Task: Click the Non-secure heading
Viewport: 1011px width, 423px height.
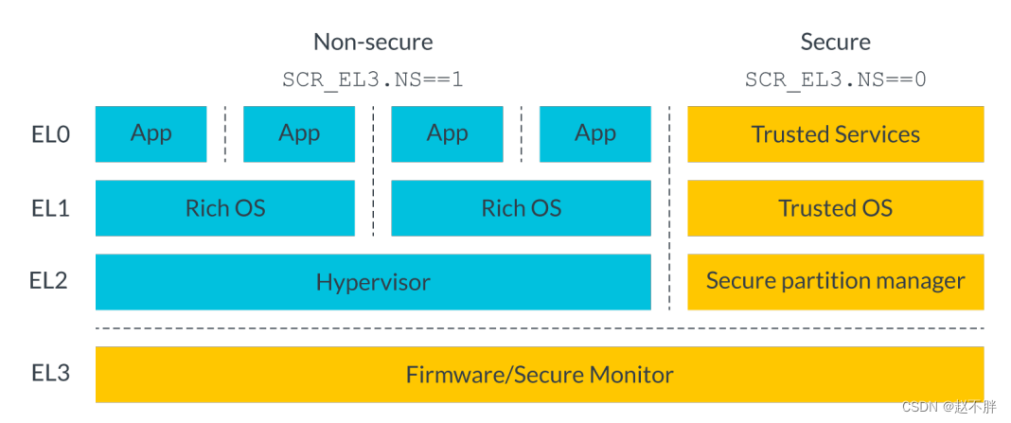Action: tap(373, 42)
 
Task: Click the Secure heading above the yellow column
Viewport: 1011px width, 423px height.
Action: tap(835, 42)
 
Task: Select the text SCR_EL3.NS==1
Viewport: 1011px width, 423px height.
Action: tap(373, 79)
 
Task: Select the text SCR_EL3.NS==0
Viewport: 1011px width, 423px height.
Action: tap(835, 79)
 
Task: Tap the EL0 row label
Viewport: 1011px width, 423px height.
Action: tap(50, 134)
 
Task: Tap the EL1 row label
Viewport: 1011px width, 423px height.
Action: tap(50, 208)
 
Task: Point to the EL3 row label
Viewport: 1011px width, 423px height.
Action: tap(50, 374)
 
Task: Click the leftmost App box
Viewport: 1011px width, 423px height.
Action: tap(151, 133)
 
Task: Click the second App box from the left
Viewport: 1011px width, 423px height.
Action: tap(299, 133)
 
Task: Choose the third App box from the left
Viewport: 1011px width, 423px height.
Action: tap(447, 133)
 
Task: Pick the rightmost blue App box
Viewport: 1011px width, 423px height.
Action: tap(595, 133)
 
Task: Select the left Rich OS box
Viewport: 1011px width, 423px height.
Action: tap(225, 208)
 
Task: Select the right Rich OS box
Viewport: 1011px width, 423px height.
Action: tap(521, 208)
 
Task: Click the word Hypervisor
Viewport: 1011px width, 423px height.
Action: tap(373, 282)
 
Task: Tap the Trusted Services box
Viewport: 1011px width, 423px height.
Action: tap(835, 134)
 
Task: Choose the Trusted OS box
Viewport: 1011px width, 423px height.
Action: tap(835, 208)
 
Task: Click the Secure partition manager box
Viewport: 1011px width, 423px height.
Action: tap(835, 281)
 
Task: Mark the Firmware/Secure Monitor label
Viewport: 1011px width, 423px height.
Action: tap(540, 375)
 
